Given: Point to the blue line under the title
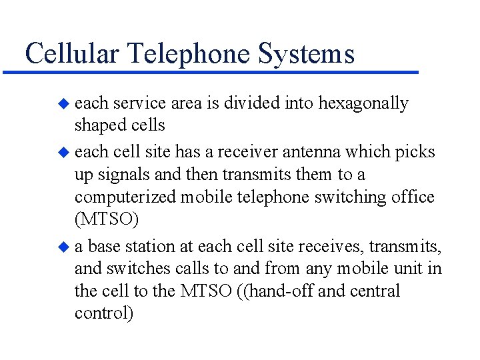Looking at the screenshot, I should click(213, 71).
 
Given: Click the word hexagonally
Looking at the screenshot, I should click(363, 103).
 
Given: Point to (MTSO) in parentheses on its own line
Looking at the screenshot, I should click(106, 221).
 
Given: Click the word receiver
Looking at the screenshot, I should click(233, 151).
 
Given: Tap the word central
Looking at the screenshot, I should click(375, 291).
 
